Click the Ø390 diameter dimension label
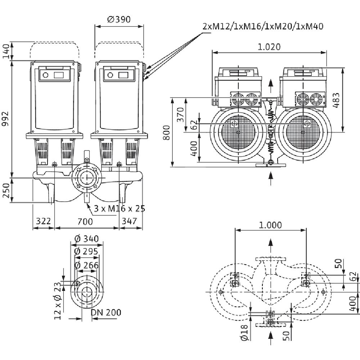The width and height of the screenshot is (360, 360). point(119,19)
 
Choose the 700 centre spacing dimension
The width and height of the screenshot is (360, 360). point(85,221)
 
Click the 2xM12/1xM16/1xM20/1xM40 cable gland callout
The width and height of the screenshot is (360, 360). point(263,26)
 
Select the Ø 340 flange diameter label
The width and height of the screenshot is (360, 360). point(86,239)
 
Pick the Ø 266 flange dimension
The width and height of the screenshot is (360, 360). point(86,265)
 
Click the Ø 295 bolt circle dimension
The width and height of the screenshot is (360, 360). point(86,252)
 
